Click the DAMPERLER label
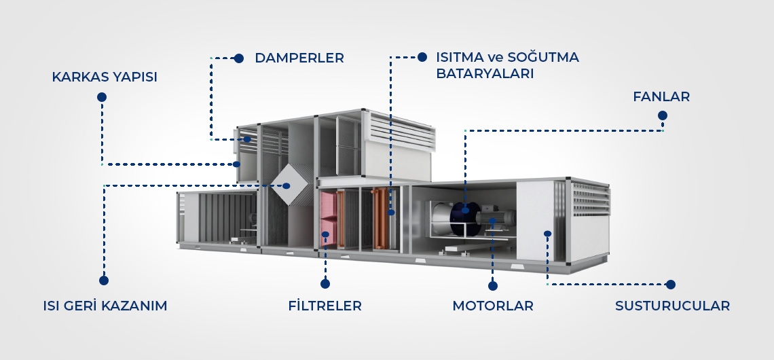point(299,58)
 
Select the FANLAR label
point(661,97)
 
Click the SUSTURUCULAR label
point(672,306)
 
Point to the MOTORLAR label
point(493,306)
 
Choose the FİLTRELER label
point(325,306)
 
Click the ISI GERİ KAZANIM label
point(105,306)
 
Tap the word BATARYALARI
point(485,73)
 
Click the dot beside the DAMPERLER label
point(239,58)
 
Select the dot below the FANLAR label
point(663,116)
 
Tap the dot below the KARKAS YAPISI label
point(102,97)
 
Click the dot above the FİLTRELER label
point(325,284)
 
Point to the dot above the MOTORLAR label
point(493,286)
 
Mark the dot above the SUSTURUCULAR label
point(671,285)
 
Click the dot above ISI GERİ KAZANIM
point(104,280)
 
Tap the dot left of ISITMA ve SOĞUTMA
point(422,57)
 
